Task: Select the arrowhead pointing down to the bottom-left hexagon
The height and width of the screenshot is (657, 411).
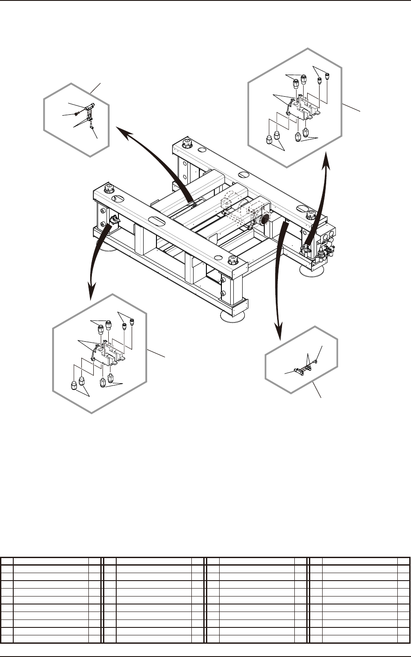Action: (x=91, y=291)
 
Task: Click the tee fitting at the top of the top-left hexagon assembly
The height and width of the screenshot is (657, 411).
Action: (x=90, y=106)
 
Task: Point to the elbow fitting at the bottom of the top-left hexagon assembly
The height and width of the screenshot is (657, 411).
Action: (x=91, y=126)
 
